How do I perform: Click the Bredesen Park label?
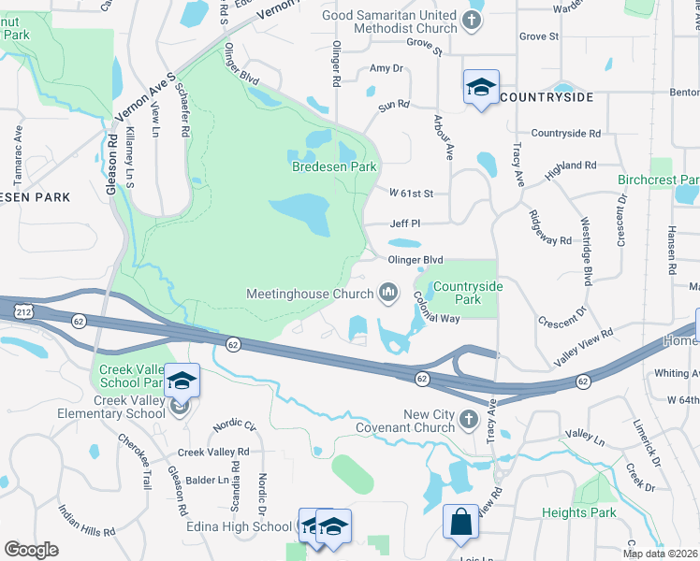click(334, 166)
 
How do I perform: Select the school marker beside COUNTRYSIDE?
click(482, 88)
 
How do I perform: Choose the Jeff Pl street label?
click(405, 223)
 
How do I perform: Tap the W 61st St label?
click(412, 194)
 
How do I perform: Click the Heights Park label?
click(578, 512)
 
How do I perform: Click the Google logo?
click(31, 549)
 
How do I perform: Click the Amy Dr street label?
click(386, 68)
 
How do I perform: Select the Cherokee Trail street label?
click(134, 462)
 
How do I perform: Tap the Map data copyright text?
click(659, 554)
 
